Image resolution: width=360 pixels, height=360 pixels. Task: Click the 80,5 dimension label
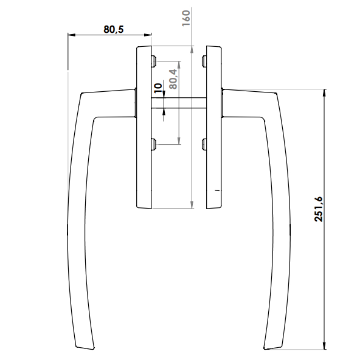113,29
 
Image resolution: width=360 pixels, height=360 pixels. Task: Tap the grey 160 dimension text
186,18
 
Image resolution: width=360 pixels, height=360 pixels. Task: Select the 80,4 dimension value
173,79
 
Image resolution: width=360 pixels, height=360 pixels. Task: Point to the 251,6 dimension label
318,209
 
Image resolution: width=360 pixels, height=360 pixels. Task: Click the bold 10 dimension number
158,88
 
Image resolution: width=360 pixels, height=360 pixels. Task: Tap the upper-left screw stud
154,61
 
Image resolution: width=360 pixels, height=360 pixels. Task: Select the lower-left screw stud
154,144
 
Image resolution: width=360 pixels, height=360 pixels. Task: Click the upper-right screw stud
204,61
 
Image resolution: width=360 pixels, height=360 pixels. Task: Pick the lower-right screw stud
204,144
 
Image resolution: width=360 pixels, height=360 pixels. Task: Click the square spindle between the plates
179,103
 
